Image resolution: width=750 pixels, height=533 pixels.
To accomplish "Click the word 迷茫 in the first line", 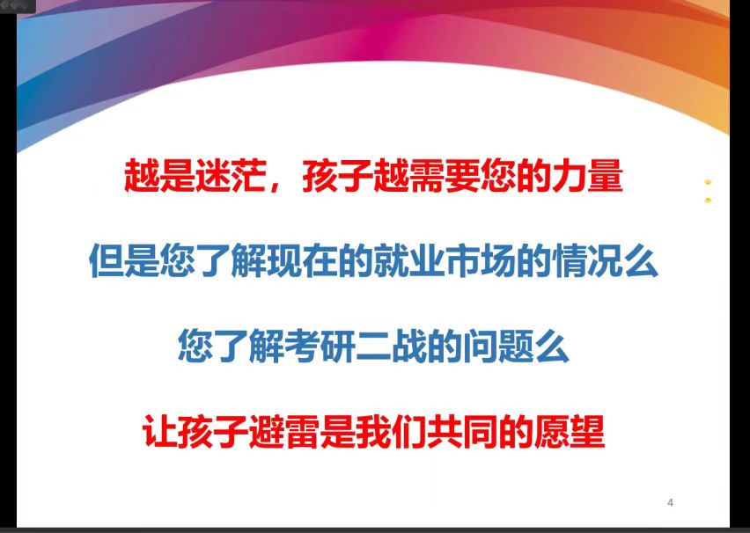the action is (231, 175).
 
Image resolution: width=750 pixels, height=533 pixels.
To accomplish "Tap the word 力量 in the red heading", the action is (587, 175).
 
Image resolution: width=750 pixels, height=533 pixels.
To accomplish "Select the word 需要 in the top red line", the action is (445, 175).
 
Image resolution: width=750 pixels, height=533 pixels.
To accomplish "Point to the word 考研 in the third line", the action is (320, 346).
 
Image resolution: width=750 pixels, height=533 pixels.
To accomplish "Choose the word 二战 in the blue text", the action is (391, 346).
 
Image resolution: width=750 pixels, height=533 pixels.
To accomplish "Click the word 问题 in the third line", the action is (498, 346).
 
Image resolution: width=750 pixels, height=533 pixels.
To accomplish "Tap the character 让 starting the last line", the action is (159, 431).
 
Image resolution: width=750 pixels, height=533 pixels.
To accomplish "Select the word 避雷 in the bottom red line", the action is (284, 431).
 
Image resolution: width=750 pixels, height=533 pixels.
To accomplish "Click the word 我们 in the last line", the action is (391, 431).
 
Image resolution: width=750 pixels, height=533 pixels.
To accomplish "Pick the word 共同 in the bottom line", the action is (462, 431).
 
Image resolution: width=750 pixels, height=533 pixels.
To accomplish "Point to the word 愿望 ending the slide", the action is (570, 431).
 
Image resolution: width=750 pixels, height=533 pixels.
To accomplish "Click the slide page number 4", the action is (670, 502).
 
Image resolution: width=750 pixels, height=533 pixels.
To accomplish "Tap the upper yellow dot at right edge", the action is (708, 182).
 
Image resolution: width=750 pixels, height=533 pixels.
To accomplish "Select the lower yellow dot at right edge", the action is (708, 200).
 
